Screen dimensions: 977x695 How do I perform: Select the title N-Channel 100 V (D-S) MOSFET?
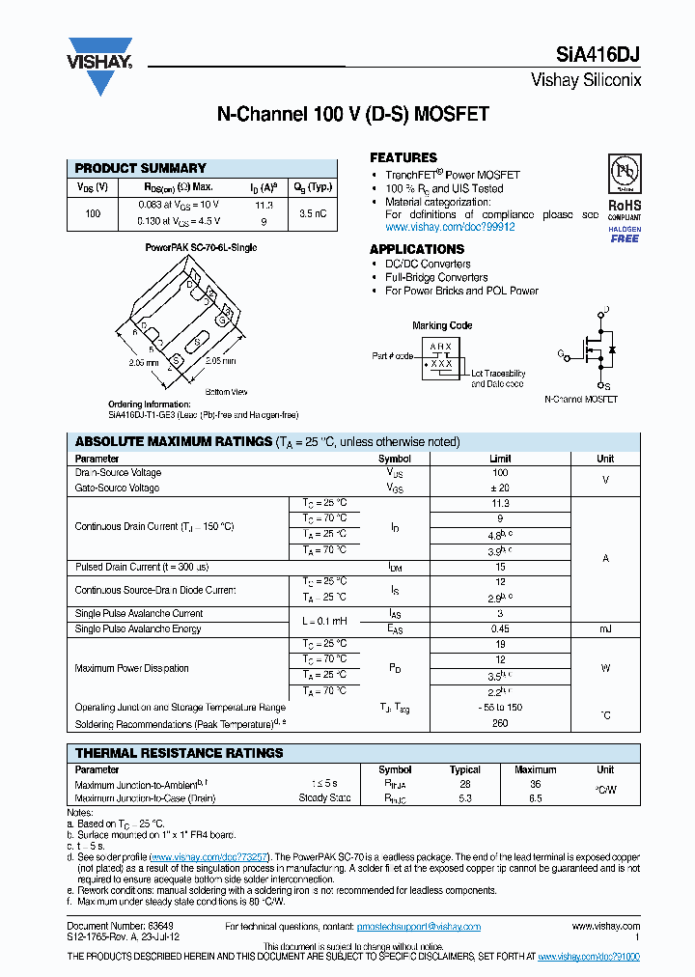point(351,114)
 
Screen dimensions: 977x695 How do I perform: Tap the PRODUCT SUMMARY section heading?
point(141,168)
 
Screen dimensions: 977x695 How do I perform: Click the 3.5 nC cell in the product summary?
point(312,213)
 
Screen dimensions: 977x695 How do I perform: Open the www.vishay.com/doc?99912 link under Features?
point(450,227)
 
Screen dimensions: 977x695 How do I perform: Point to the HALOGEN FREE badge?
point(624,234)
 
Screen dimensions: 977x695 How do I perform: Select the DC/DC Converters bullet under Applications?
point(428,264)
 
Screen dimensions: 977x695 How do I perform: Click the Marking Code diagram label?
point(441,325)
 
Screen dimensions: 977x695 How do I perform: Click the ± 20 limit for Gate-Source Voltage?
point(499,488)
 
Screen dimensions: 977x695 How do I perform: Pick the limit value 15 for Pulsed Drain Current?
point(499,567)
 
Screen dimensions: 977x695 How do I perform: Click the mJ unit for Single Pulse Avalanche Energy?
point(604,629)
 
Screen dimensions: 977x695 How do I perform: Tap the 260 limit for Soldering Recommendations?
point(499,723)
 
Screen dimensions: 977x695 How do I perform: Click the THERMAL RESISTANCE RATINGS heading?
point(180,753)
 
